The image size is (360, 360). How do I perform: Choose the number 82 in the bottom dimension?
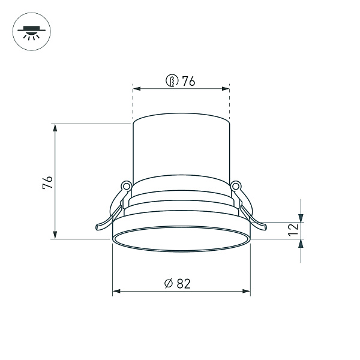(184, 284)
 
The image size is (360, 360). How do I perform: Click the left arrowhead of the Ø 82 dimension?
(116, 292)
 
